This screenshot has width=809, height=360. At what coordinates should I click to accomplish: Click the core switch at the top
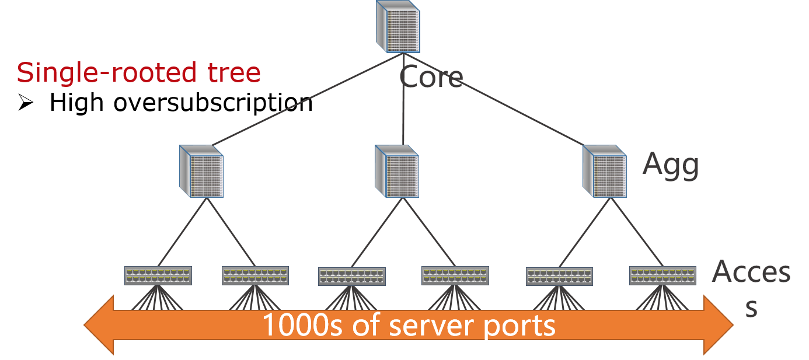[x=398, y=27]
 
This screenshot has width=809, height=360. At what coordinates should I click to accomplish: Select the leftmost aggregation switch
[x=201, y=170]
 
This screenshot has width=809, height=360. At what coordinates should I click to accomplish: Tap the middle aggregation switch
[x=397, y=170]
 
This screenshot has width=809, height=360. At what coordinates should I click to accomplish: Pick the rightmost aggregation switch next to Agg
[x=605, y=170]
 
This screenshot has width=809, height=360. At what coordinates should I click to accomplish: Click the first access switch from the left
[x=158, y=275]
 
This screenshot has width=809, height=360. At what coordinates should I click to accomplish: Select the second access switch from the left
[x=255, y=275]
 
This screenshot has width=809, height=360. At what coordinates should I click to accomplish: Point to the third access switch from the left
[x=352, y=276]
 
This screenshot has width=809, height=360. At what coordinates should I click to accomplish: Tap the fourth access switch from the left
[x=455, y=275]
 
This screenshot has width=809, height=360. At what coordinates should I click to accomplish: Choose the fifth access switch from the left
[x=559, y=276]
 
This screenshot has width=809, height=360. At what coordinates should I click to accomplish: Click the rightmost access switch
[x=662, y=275]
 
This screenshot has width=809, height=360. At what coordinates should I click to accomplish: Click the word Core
[x=431, y=78]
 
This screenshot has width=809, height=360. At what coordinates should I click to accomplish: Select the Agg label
[x=671, y=165]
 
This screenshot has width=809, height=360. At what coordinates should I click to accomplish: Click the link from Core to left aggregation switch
[x=304, y=100]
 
